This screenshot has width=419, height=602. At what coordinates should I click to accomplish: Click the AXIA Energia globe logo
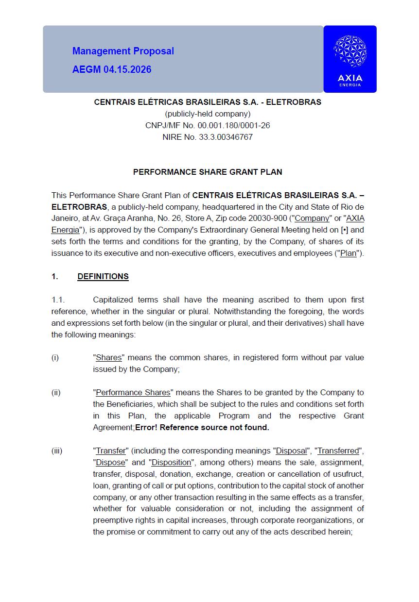point(350,51)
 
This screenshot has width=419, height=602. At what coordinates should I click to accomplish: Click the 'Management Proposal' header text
point(123,51)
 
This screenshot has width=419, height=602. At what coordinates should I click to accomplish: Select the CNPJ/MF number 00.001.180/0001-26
point(228,125)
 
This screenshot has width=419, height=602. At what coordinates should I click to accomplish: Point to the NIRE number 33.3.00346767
point(226,137)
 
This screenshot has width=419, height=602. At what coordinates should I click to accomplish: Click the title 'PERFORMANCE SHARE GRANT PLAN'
point(208,172)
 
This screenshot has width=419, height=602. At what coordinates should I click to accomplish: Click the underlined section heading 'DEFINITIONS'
point(103,276)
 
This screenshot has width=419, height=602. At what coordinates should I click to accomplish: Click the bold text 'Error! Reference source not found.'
point(202,427)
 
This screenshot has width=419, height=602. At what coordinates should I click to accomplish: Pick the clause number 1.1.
point(58,300)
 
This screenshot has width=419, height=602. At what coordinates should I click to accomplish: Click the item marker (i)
point(55,357)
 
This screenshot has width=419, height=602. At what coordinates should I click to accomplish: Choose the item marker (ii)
point(56,392)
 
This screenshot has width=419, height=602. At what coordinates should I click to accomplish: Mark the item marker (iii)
point(57,451)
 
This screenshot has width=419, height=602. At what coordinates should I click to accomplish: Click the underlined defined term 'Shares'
point(109,357)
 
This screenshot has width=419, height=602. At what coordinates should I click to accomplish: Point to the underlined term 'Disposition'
point(172,462)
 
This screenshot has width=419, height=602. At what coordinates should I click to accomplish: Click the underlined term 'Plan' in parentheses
point(348,253)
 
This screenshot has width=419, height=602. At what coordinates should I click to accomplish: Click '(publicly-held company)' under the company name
point(208,114)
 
